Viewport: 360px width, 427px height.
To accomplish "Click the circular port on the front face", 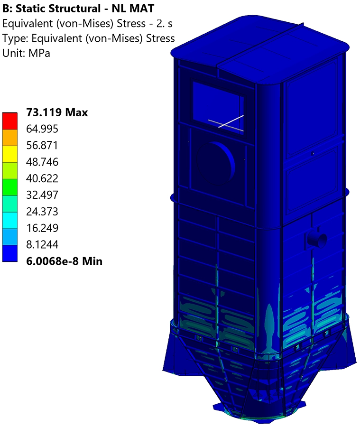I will coord(216,161).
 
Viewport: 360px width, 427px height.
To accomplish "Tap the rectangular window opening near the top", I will coord(218,107).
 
